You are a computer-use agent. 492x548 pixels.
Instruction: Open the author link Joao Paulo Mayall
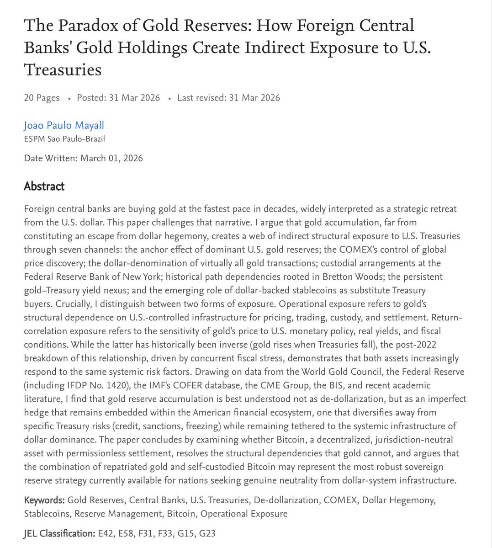[x=64, y=125]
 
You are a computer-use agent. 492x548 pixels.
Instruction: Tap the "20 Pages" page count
[x=42, y=98]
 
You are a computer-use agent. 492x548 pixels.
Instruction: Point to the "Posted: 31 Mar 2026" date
[x=118, y=98]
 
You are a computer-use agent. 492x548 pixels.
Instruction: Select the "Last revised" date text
[x=228, y=98]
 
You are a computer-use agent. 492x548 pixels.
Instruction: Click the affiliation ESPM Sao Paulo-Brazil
[x=64, y=138]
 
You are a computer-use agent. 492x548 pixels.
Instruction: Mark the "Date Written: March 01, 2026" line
[x=83, y=159]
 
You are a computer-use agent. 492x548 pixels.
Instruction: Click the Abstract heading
[x=44, y=186]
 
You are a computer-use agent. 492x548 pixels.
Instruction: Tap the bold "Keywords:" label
[x=44, y=500]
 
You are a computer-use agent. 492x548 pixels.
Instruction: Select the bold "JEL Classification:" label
[x=59, y=533]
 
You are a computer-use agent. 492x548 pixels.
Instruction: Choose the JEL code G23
[x=207, y=533]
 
